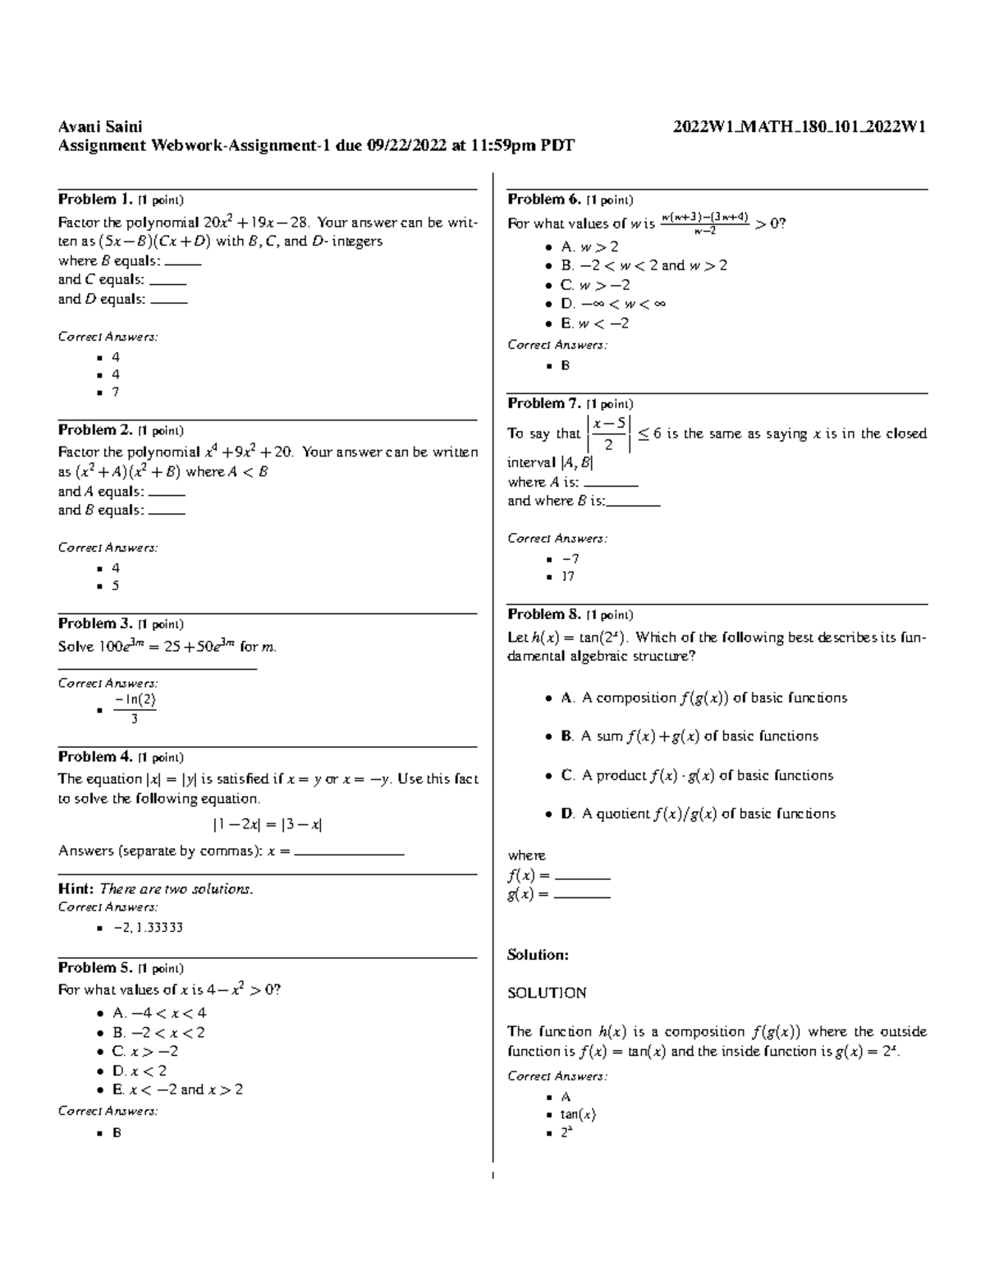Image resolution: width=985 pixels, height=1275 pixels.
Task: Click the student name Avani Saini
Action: (x=99, y=126)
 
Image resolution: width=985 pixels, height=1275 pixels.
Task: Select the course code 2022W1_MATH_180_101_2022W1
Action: (x=799, y=126)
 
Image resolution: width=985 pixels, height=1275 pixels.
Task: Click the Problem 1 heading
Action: (x=94, y=200)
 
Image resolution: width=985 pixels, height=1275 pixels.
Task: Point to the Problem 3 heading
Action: (x=94, y=624)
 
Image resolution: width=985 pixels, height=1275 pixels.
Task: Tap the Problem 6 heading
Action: (x=544, y=200)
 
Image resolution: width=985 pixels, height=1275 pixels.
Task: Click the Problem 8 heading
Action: (x=544, y=614)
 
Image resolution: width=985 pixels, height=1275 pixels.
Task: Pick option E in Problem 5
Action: (x=178, y=1089)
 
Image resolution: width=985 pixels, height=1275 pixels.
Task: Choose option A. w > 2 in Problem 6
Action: (x=589, y=246)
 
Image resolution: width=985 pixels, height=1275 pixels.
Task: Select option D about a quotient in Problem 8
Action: (x=698, y=814)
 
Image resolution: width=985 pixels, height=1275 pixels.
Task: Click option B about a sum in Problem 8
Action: (x=689, y=736)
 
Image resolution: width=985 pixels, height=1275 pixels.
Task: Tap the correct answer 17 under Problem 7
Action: (x=567, y=576)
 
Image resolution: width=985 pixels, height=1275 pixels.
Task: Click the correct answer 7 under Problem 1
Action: (x=116, y=392)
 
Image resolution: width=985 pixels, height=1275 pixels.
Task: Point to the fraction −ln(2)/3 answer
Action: (x=135, y=709)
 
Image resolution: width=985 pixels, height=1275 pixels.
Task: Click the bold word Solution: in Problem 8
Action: (x=538, y=955)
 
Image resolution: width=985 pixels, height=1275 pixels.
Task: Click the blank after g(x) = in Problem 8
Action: (x=582, y=896)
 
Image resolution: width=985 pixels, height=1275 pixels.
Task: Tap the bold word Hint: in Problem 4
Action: (x=76, y=889)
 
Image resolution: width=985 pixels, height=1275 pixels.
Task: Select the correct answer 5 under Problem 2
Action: (x=116, y=585)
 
